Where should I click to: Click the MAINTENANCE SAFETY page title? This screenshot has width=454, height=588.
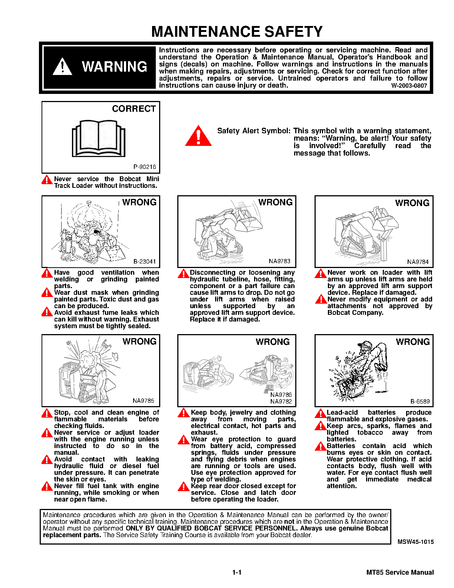tap(237, 32)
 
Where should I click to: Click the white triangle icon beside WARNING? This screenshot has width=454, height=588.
tap(62, 67)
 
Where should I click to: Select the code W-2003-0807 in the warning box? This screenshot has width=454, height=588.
tap(409, 86)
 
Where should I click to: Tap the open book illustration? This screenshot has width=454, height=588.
tap(99, 138)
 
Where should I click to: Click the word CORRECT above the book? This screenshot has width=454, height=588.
tap(134, 109)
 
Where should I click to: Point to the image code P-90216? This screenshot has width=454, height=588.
tap(145, 167)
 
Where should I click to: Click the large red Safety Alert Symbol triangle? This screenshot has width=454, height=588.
tap(198, 136)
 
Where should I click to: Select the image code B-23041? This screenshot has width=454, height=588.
tap(145, 261)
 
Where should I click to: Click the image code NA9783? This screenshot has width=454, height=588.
tap(280, 261)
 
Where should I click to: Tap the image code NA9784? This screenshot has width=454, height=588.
tap(418, 262)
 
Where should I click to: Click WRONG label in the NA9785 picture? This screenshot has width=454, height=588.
tap(139, 342)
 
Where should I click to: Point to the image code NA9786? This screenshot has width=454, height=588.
tap(281, 395)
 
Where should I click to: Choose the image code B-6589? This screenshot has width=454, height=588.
tap(420, 401)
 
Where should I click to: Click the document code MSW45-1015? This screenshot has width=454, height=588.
tap(415, 542)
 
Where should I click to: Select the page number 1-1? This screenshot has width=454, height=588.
tap(237, 572)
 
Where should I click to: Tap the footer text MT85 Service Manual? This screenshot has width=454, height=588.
tap(400, 572)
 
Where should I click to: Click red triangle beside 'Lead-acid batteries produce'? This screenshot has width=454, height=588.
tap(320, 413)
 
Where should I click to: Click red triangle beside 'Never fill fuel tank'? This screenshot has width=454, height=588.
tap(47, 486)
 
